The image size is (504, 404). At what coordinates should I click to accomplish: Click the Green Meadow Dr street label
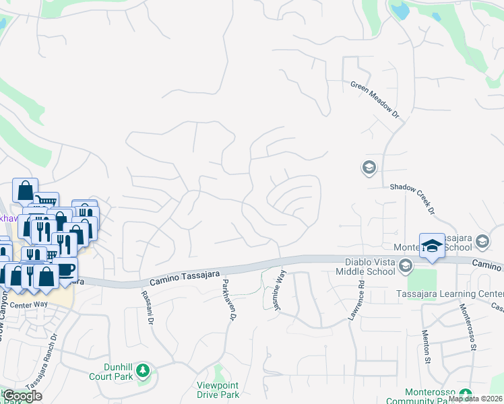point(375,100)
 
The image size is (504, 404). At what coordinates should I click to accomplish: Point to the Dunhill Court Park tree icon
point(142,370)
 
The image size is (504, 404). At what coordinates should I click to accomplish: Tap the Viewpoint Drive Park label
point(217,390)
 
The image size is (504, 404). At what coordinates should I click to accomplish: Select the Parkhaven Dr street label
point(229,300)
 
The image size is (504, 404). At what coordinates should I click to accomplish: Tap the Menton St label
point(427,345)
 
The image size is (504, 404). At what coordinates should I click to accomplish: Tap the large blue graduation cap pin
point(432,246)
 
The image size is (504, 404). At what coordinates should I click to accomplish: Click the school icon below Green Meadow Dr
point(369,167)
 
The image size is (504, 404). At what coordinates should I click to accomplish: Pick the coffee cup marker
point(65,269)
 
